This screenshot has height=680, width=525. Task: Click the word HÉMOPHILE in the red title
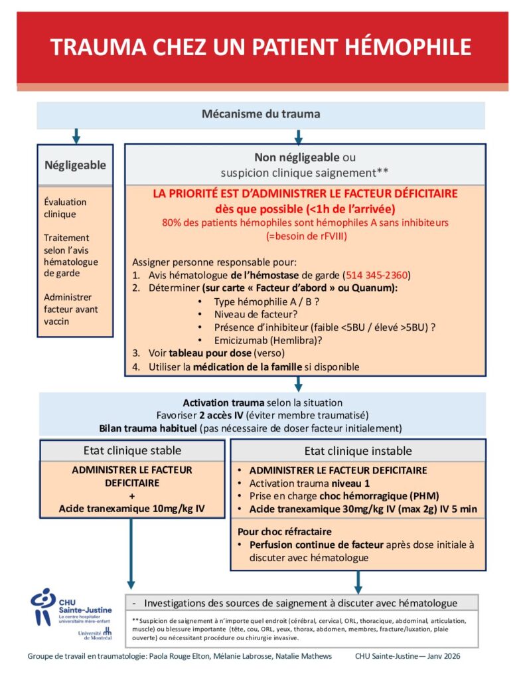[x=402, y=47]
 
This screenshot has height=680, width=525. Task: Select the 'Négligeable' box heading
[x=75, y=165]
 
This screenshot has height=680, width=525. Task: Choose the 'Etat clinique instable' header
[x=358, y=451]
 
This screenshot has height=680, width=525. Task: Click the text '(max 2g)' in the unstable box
[x=410, y=509]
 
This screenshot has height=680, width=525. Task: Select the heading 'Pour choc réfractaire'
[x=285, y=532]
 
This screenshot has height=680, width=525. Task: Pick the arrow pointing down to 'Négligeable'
[x=76, y=136]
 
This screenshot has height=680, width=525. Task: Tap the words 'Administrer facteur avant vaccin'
[x=68, y=309]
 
